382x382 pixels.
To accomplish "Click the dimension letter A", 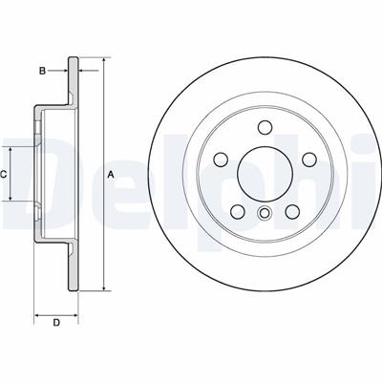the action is (x=111, y=174).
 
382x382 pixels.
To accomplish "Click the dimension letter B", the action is (x=42, y=71).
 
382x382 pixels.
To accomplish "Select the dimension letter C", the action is (x=3, y=174).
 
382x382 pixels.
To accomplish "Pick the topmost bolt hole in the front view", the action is (x=265, y=127).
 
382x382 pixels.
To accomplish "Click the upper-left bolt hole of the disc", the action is (x=221, y=159).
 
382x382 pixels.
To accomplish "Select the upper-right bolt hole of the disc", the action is (x=309, y=159).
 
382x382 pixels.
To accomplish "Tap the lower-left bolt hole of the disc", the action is (x=238, y=211).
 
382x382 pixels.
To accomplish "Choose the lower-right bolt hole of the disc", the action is (x=292, y=211).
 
